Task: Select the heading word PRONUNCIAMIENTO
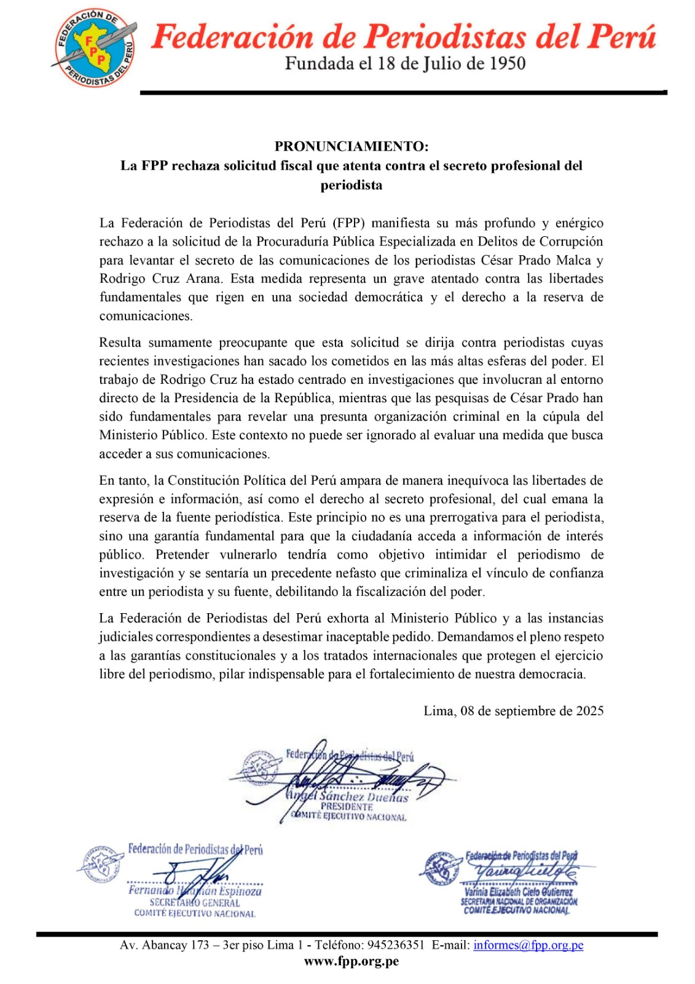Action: pyautogui.click(x=350, y=146)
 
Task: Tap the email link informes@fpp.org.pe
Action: pyautogui.click(x=528, y=945)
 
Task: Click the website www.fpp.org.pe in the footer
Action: pyautogui.click(x=351, y=961)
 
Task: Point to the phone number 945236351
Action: pyautogui.click(x=396, y=945)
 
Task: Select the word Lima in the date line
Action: pyautogui.click(x=438, y=711)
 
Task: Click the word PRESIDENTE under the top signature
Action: pyautogui.click(x=347, y=806)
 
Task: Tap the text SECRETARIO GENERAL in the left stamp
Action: pyautogui.click(x=195, y=903)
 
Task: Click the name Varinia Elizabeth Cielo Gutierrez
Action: pyautogui.click(x=518, y=892)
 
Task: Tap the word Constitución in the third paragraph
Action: pyautogui.click(x=204, y=480)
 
